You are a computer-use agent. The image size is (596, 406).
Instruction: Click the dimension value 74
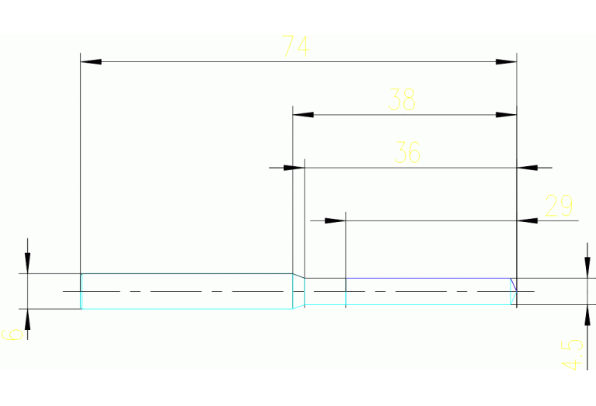(x=296, y=47)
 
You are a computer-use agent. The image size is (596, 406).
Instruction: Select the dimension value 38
(x=403, y=99)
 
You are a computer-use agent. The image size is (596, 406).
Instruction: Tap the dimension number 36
(x=407, y=152)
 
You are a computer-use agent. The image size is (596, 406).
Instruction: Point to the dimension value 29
(x=559, y=206)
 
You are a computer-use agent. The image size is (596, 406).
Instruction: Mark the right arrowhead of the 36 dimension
(x=528, y=167)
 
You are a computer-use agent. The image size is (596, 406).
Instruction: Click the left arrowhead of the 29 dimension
(x=335, y=220)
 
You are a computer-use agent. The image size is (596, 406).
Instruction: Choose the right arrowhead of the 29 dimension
(x=528, y=220)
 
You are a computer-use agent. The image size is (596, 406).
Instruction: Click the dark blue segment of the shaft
(x=427, y=278)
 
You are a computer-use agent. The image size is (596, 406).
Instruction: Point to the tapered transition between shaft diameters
(x=298, y=291)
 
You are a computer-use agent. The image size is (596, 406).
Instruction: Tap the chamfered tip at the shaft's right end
(x=514, y=291)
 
